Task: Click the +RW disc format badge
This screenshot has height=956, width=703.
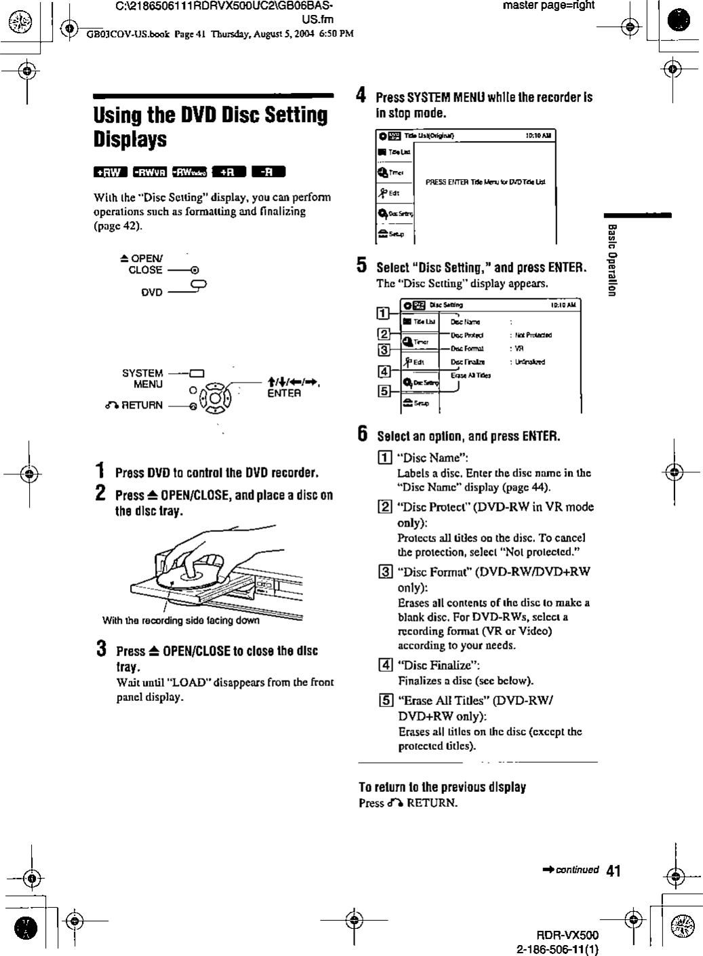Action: [x=110, y=172]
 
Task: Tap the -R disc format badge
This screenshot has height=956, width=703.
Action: [x=268, y=172]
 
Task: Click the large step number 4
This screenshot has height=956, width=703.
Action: [x=363, y=96]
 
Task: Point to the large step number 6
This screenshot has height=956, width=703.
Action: [x=363, y=434]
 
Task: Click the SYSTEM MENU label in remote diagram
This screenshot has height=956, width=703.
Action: [x=142, y=379]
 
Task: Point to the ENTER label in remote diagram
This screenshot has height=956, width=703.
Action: [x=284, y=394]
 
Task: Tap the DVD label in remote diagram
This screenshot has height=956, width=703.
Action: [x=152, y=292]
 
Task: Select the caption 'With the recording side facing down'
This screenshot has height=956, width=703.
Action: [x=180, y=620]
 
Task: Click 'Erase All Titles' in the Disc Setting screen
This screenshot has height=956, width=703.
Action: [x=470, y=375]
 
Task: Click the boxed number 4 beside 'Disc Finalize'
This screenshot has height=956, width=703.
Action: [x=384, y=665]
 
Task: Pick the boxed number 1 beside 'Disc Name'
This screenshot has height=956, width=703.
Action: [x=384, y=457]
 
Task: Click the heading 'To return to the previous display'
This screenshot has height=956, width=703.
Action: [x=442, y=787]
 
